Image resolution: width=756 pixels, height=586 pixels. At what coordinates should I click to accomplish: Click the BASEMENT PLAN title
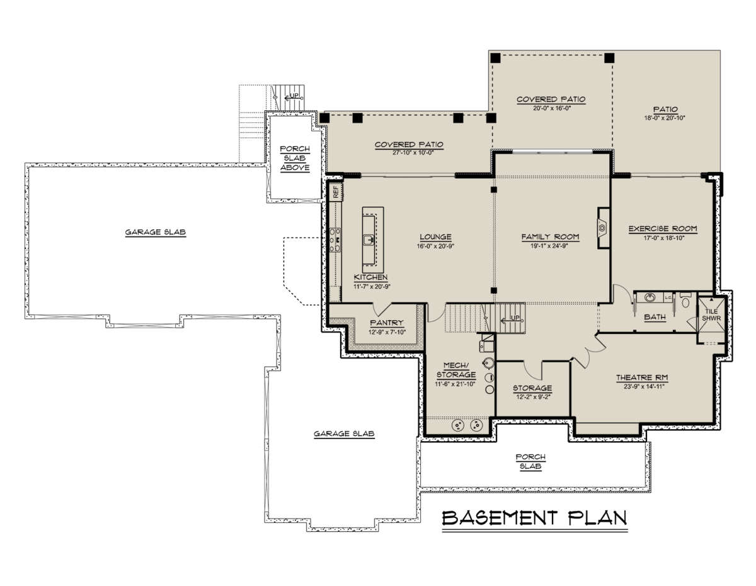point(534,518)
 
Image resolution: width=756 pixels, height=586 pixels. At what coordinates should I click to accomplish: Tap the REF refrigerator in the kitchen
point(336,192)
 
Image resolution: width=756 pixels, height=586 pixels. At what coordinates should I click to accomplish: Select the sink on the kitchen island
point(369,240)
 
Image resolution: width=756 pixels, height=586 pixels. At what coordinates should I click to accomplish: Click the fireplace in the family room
point(603,228)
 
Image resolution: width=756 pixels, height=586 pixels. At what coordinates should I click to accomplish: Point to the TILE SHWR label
point(711,315)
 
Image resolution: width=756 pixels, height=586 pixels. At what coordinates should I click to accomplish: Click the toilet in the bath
point(685,301)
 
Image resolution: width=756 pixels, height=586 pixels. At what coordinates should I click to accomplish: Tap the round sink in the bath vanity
point(649,297)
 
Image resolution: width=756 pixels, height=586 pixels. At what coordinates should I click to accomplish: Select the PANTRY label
point(387,323)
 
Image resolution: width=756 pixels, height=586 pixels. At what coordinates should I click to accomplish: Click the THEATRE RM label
point(642,377)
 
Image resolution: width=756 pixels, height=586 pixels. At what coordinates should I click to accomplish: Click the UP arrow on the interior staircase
point(510,319)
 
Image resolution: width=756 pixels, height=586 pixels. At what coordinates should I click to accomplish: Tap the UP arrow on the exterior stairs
point(292,97)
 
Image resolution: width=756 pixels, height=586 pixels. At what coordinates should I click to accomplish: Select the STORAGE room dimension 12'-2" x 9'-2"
point(532,397)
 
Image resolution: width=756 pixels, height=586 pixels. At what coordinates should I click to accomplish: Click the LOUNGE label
point(435,237)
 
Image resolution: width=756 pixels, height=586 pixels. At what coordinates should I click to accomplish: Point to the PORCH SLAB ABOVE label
point(295,158)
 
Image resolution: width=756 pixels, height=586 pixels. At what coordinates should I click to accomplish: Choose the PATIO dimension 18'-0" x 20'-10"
point(665,118)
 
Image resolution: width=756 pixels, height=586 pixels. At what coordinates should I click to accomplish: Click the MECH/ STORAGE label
point(455,370)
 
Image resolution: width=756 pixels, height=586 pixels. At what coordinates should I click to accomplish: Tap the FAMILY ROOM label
point(550,237)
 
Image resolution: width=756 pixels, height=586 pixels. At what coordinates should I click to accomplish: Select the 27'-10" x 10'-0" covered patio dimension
point(413,152)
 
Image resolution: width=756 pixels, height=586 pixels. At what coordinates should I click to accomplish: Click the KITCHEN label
point(370,277)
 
